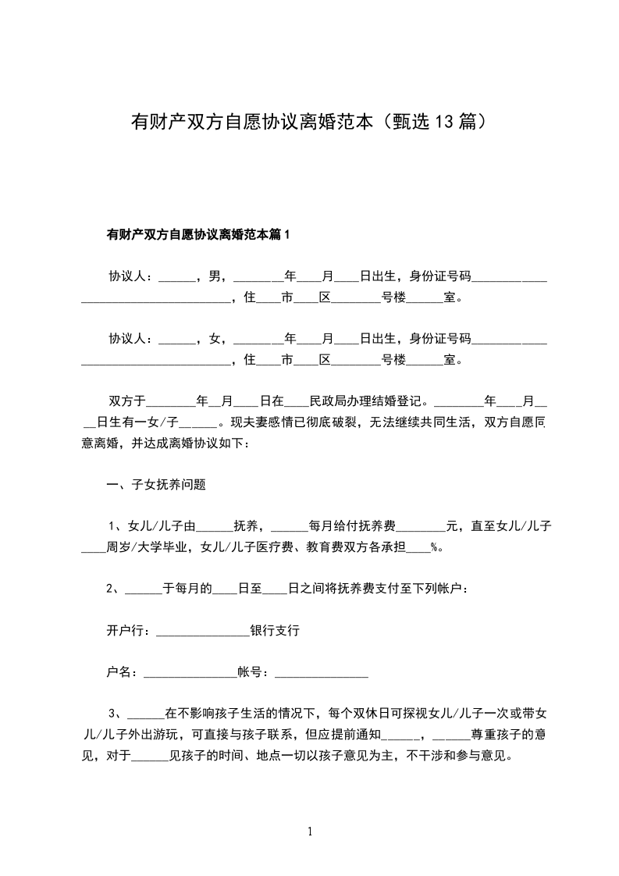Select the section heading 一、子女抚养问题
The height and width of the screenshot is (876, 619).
click(156, 485)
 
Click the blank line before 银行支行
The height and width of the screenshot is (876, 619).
click(202, 632)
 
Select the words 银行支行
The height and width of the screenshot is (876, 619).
click(275, 630)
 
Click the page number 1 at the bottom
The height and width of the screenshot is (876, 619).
click(310, 832)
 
